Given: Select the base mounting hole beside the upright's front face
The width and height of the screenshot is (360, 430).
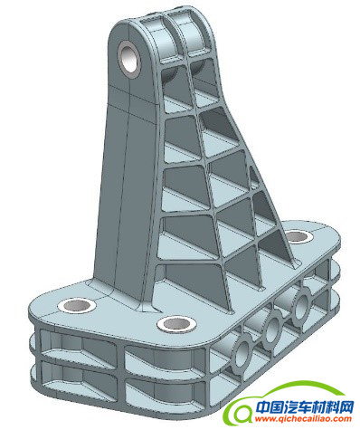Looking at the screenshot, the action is tap(77, 306).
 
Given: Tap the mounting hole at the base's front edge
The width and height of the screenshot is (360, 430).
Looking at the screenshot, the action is tap(176, 324).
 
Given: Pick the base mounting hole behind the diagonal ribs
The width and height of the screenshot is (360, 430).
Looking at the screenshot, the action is tap(298, 236).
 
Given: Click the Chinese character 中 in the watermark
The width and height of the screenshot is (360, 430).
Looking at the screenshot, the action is tap(262, 407).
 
